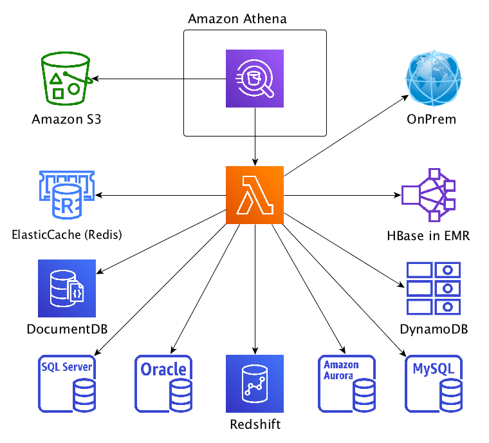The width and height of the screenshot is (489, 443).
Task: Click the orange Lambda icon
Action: [x=255, y=195]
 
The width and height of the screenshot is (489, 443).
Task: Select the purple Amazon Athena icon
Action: [x=255, y=78]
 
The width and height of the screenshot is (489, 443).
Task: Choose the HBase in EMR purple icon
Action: [x=429, y=195]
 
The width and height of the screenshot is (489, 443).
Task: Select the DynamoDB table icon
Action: [x=432, y=288]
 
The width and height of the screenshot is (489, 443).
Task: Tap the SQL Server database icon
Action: [x=67, y=384]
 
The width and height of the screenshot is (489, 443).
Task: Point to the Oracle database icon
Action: [x=163, y=384]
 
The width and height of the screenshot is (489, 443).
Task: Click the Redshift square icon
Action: [x=255, y=384]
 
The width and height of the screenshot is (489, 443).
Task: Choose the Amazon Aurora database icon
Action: [x=347, y=384]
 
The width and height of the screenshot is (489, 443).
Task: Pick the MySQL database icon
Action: [x=434, y=384]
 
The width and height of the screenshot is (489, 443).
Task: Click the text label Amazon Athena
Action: [x=237, y=19]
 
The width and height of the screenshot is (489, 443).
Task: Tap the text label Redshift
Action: [x=255, y=424]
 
